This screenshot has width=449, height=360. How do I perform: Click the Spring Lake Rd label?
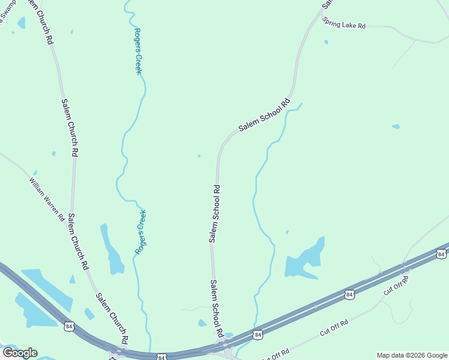(344, 24)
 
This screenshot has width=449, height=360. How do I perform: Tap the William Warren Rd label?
(47, 199)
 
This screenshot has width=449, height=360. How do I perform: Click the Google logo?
(20, 352)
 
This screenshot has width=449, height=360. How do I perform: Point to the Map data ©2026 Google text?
(412, 355)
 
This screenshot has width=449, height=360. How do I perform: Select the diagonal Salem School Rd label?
(264, 115)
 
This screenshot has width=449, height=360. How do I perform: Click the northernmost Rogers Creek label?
(138, 51)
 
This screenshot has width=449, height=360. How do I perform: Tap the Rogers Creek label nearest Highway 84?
(142, 232)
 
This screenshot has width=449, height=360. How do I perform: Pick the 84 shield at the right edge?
(442, 254)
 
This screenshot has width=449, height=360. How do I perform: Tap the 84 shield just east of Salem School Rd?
(258, 334)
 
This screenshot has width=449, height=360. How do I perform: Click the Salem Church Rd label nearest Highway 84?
(112, 318)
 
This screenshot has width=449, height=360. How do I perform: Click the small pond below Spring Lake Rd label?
(326, 42)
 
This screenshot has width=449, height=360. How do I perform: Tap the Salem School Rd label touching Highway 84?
(217, 307)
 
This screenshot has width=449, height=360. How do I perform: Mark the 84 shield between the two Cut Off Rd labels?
(349, 294)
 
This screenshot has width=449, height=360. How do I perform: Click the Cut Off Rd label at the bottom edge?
(276, 354)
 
